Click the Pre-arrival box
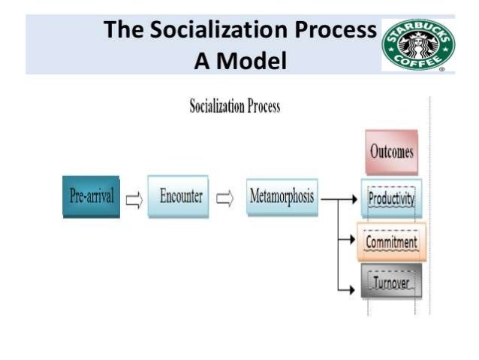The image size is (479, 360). (x=91, y=197)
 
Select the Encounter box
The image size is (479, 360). (x=177, y=197)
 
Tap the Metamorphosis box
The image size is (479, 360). (x=282, y=198)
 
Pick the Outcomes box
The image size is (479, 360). (x=391, y=152)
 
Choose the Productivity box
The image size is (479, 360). (x=391, y=199)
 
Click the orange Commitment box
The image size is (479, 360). (x=391, y=242)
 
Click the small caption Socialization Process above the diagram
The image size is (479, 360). (x=234, y=106)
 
